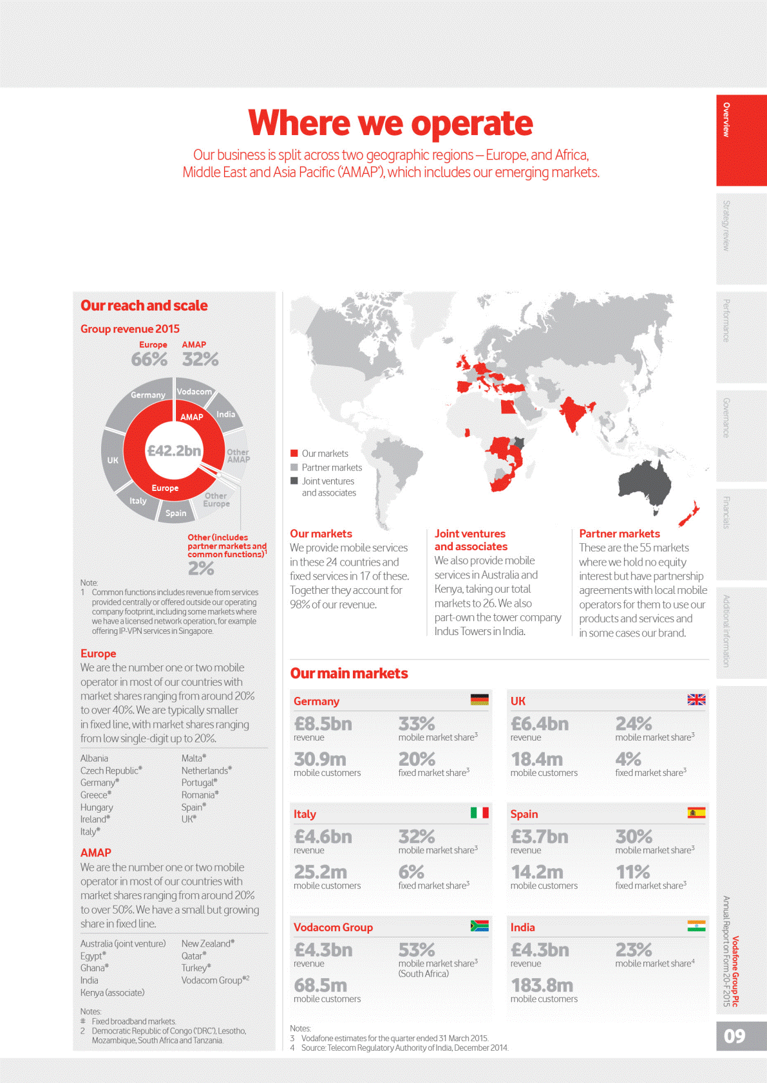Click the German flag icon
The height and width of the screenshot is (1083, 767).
click(479, 699)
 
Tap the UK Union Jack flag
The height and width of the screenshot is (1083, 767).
click(696, 699)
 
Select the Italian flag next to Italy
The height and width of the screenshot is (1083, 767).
click(479, 813)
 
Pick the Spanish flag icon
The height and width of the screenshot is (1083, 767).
click(696, 813)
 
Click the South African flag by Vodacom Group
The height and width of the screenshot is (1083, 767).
click(479, 926)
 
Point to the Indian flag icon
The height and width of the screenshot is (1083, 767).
click(696, 926)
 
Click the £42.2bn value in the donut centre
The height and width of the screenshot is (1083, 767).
click(174, 450)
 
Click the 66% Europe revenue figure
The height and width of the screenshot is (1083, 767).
click(149, 359)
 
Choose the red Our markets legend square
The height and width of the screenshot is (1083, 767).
click(294, 453)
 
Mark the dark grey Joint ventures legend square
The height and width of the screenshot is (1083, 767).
click(294, 481)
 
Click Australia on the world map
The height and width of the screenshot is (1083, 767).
click(645, 481)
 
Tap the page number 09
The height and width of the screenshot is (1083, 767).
click(734, 1036)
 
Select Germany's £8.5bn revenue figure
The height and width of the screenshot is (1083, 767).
click(323, 724)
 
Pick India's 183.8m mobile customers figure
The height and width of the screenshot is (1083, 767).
click(542, 985)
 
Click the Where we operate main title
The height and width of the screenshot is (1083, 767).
click(390, 123)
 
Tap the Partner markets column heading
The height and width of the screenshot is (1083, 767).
click(620, 533)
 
